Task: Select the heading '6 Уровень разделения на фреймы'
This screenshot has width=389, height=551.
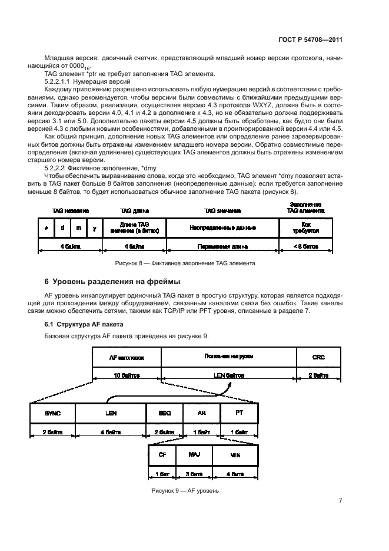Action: click(x=112, y=280)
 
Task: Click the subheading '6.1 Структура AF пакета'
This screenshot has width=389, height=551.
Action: click(x=84, y=325)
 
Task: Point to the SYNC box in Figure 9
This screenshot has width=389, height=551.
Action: click(x=53, y=414)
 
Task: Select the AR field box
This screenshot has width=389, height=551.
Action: click(x=201, y=414)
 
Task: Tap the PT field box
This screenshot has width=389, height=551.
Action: click(x=239, y=414)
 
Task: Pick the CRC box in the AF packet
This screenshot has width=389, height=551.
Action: click(x=318, y=357)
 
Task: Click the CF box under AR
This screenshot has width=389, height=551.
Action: click(x=162, y=456)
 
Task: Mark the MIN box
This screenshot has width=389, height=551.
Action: click(x=235, y=456)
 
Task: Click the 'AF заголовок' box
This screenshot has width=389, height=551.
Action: click(x=127, y=357)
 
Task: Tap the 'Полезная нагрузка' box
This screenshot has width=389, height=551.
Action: click(x=228, y=357)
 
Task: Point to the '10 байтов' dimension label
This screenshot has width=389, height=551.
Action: click(x=127, y=375)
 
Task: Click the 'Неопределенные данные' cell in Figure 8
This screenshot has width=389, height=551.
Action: click(x=222, y=227)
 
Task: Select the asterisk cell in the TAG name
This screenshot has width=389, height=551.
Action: click(x=46, y=227)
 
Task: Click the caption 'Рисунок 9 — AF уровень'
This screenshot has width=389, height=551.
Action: click(x=185, y=490)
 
